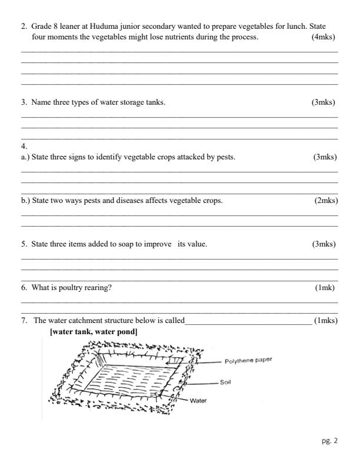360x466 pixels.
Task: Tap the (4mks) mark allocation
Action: click(x=324, y=37)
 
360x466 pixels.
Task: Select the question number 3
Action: click(x=24, y=102)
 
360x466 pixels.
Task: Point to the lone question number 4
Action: click(x=24, y=146)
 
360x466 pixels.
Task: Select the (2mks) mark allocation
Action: click(x=326, y=201)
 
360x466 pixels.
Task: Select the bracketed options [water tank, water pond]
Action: click(x=94, y=332)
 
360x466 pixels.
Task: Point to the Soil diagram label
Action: click(x=225, y=382)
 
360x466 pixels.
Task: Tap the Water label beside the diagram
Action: click(x=198, y=401)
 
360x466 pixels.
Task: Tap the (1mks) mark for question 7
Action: click(x=326, y=321)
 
